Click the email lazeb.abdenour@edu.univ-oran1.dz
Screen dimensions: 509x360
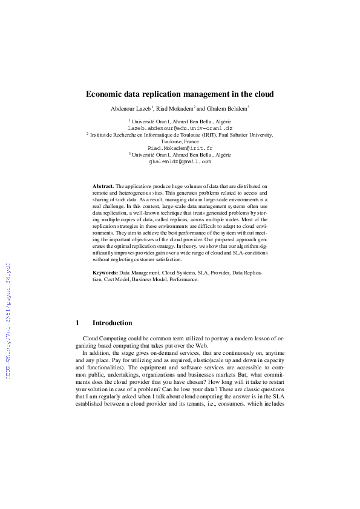(180, 128)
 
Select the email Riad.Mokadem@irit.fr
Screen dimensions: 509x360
(180, 148)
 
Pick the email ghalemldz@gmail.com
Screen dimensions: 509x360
(180, 161)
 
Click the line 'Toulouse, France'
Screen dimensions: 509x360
(180, 141)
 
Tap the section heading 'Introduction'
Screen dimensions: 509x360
(112, 323)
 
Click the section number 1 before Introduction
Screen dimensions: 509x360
(77, 323)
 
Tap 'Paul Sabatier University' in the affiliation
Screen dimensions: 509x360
(247, 135)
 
